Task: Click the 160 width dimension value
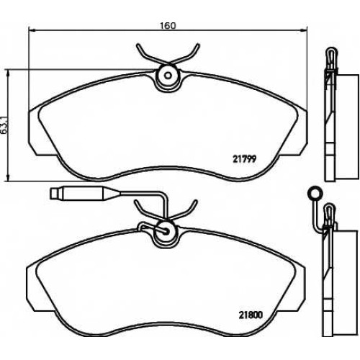click(168, 25)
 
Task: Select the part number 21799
click(245, 159)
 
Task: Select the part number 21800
click(251, 315)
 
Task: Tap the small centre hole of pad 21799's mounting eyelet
click(168, 76)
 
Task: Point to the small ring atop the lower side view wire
click(315, 192)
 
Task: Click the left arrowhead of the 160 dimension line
click(32, 30)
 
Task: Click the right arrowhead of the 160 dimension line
click(304, 30)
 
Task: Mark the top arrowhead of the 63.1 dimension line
click(9, 73)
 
